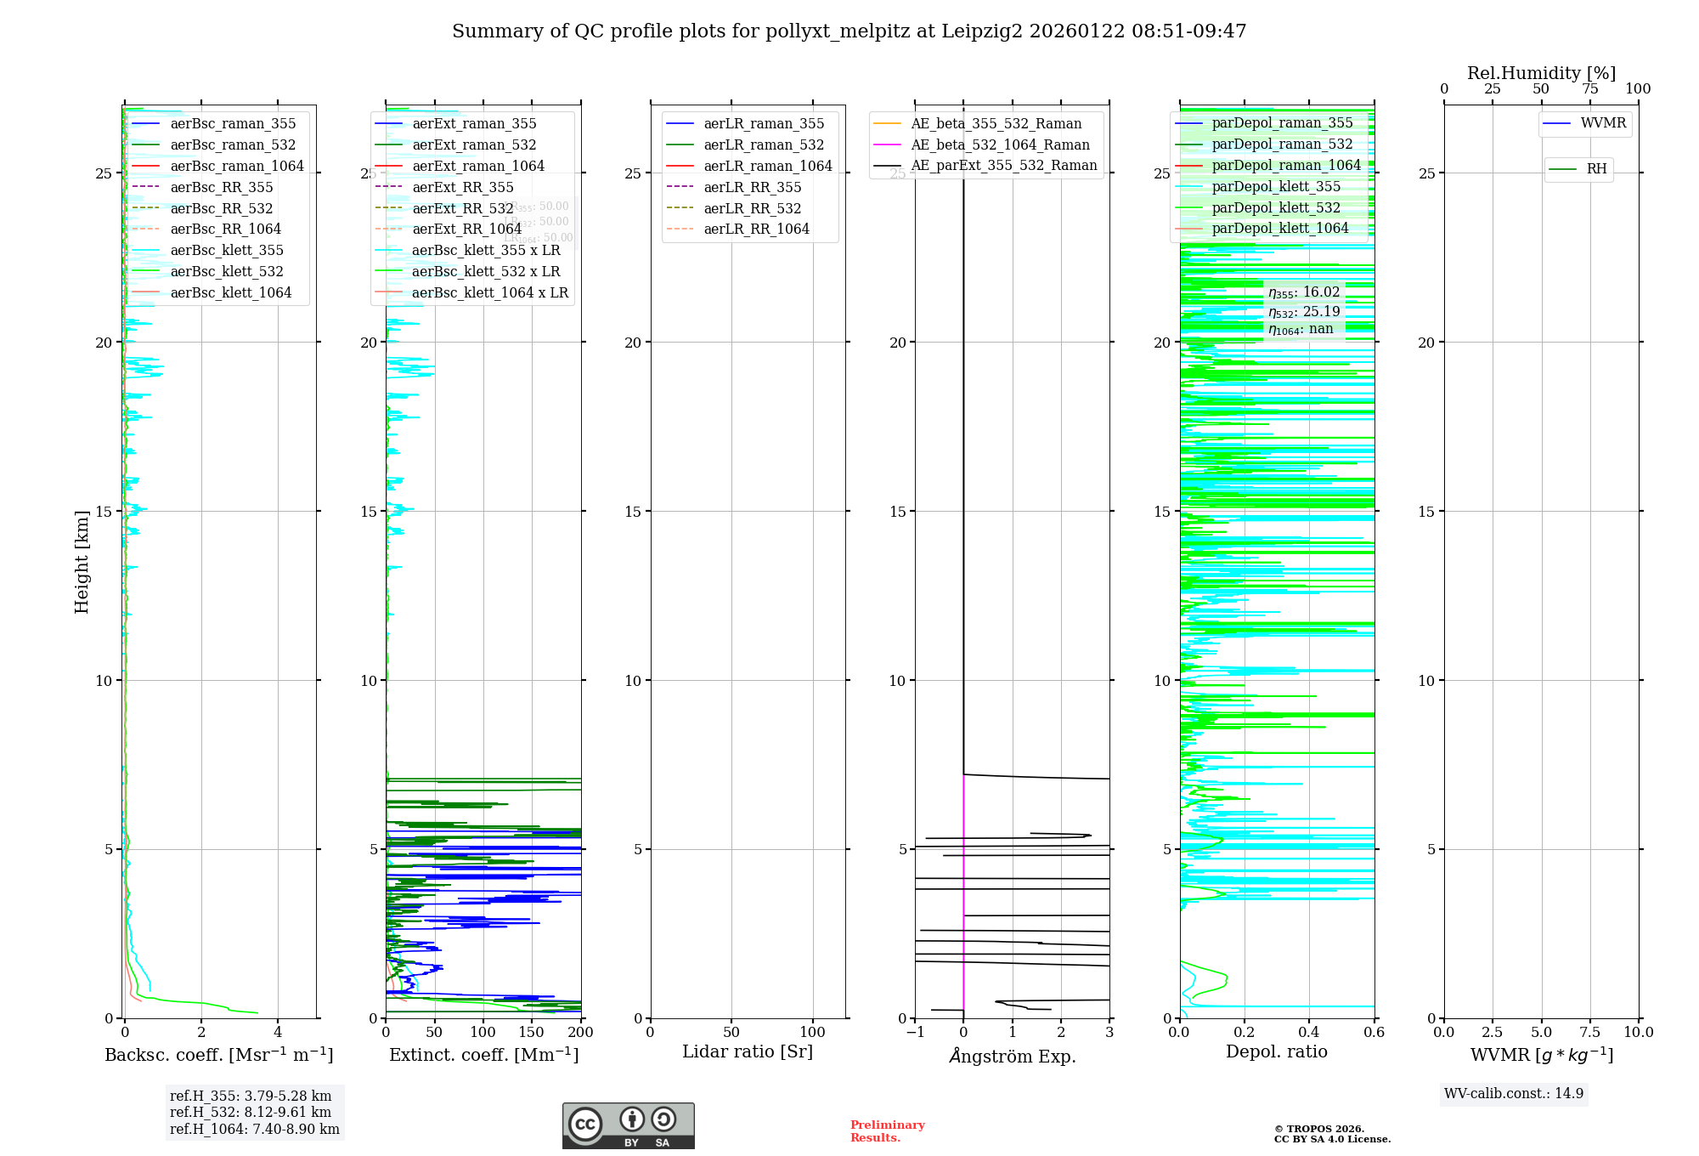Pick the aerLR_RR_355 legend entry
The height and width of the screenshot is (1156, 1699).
click(x=752, y=187)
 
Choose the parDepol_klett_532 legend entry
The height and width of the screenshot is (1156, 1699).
click(x=1275, y=207)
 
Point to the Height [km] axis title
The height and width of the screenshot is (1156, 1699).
click(x=82, y=562)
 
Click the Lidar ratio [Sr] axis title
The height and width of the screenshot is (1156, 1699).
click(x=748, y=1051)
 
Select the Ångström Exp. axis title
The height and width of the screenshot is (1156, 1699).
click(x=1012, y=1056)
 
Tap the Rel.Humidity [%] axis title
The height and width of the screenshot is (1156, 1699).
click(x=1541, y=73)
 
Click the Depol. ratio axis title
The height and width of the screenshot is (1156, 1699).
click(x=1276, y=1051)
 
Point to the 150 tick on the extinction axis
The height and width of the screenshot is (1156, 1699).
click(x=532, y=1032)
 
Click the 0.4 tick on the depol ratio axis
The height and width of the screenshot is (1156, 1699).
click(x=1309, y=1032)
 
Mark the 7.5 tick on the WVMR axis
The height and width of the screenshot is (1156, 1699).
click(x=1590, y=1032)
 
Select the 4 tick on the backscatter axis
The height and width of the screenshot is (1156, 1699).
click(x=278, y=1032)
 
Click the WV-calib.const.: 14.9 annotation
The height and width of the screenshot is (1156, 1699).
click(x=1514, y=1093)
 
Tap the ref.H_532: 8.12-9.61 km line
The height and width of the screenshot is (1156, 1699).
click(x=251, y=1112)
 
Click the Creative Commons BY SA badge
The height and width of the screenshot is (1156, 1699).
click(x=628, y=1125)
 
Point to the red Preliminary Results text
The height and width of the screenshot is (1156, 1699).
click(x=887, y=1130)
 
